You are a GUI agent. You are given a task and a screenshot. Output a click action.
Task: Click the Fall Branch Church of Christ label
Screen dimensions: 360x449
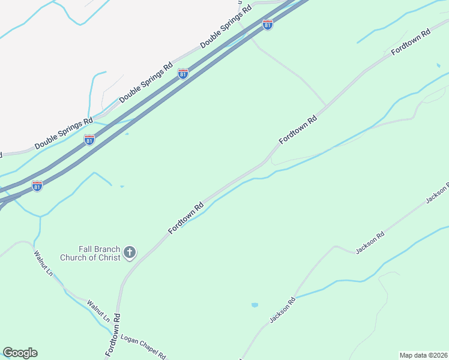[x=91, y=253]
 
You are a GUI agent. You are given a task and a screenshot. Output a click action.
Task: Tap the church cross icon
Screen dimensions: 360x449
[x=130, y=253]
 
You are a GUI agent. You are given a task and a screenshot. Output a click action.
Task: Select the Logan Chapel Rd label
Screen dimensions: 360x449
[x=143, y=347]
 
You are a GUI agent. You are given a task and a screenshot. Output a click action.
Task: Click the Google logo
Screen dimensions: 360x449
[x=20, y=353]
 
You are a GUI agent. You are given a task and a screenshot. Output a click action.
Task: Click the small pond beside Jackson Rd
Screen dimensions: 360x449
[x=255, y=305]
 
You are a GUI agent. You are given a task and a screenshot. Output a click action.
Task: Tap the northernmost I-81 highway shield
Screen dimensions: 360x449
[x=268, y=25]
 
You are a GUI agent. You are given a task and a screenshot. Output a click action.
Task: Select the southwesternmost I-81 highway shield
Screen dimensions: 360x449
[x=37, y=186]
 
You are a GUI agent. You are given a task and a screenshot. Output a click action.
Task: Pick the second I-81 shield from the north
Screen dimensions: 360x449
[x=183, y=74]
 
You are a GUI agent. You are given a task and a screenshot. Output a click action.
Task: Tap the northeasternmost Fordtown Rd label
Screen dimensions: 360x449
[x=412, y=43]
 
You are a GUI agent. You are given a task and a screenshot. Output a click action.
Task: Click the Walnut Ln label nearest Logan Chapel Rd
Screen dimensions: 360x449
[x=98, y=311]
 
